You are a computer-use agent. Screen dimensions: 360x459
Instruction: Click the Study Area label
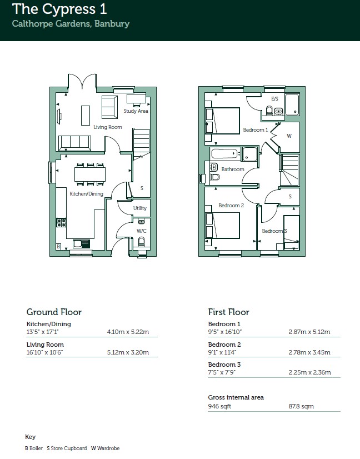[136, 111]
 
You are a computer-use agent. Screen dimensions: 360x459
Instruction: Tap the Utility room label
[139, 208]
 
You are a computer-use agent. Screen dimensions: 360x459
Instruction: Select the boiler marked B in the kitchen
[58, 247]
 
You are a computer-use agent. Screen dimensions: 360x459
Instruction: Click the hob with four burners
[61, 223]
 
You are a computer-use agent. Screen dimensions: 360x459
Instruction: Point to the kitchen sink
[81, 244]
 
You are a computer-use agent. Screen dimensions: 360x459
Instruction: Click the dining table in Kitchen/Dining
[90, 174]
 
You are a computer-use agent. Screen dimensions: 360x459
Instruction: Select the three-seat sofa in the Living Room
[74, 143]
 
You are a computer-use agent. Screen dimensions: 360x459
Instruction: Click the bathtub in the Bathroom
[224, 154]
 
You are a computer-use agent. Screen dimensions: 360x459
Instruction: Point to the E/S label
[274, 99]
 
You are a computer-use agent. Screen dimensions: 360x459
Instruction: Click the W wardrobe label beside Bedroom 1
[289, 136]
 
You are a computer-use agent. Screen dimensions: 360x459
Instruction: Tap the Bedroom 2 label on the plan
[231, 206]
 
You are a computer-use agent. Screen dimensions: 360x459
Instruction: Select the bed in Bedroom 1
[223, 121]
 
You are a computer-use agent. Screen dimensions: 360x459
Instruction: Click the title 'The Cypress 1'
[59, 9]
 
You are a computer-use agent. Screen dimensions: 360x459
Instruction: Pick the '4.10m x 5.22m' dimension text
[128, 332]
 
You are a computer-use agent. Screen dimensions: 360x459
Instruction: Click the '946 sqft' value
[219, 406]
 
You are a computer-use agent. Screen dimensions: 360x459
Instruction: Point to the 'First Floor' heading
[228, 312]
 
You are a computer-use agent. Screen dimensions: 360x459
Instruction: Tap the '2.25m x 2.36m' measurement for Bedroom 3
[309, 372]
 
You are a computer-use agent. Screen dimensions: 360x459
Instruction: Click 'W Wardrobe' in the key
[106, 448]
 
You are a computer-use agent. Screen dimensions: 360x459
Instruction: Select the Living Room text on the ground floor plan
[108, 127]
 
